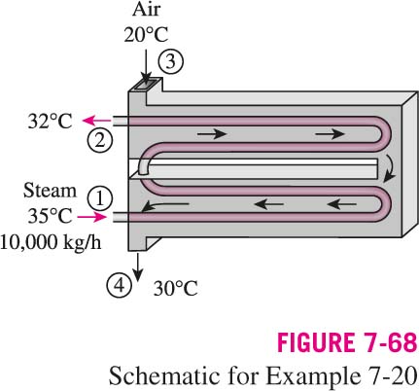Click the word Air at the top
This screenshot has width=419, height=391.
[146, 10]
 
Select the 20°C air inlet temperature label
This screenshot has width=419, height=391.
[146, 34]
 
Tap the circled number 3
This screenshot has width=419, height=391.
[171, 61]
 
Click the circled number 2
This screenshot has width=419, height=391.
[100, 141]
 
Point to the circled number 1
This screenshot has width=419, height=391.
[100, 197]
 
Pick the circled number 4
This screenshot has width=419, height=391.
[120, 286]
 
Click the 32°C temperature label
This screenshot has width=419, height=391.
[50, 122]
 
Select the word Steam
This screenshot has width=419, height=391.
[50, 191]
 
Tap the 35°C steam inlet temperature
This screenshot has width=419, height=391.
[50, 216]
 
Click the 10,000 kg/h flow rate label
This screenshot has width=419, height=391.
[51, 242]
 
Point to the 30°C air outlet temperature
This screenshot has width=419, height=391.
[175, 288]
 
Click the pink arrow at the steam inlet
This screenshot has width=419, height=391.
[92, 217]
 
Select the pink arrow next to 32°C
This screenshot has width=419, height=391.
[97, 121]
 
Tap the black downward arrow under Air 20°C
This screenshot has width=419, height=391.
[146, 66]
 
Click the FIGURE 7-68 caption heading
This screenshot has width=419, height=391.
[347, 343]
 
